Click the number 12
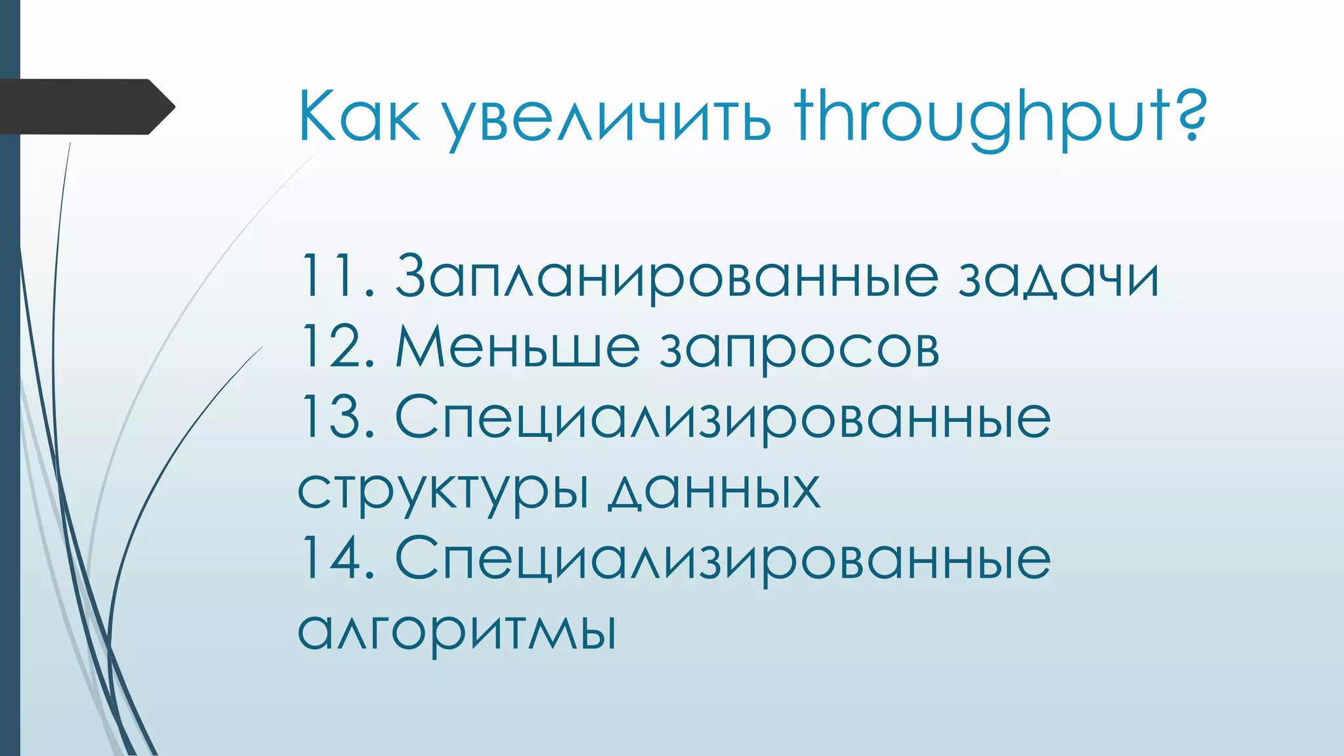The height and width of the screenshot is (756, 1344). click(x=335, y=346)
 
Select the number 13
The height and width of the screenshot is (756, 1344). click(x=335, y=417)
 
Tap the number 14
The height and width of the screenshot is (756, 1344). click(x=335, y=558)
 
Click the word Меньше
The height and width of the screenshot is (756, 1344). click(x=517, y=346)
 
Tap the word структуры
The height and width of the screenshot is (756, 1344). click(x=443, y=491)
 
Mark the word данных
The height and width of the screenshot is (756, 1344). click(x=713, y=491)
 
